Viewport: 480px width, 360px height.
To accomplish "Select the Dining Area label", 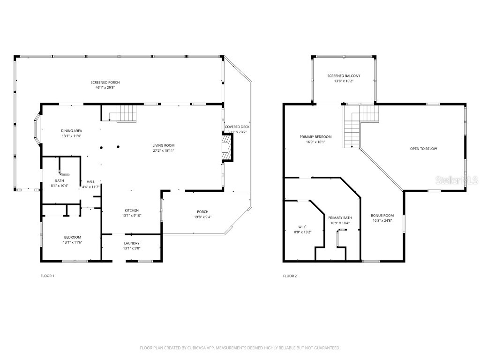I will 71,131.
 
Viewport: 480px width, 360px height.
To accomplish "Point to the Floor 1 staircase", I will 126,113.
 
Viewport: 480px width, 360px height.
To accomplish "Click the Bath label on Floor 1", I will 60,180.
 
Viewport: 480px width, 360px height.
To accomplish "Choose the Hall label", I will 90,181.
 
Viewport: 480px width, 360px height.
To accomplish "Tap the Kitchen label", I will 131,210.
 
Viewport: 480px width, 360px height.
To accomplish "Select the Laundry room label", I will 131,243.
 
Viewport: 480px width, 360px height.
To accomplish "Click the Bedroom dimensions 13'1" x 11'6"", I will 72,242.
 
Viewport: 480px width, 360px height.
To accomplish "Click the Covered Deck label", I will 237,127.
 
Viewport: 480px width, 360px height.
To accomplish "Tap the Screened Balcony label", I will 344,75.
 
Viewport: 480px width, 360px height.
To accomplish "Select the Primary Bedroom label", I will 315,137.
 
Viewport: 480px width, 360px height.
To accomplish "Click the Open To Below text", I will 423,149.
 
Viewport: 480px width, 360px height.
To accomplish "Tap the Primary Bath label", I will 340,217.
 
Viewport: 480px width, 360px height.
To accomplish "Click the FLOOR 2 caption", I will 290,276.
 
